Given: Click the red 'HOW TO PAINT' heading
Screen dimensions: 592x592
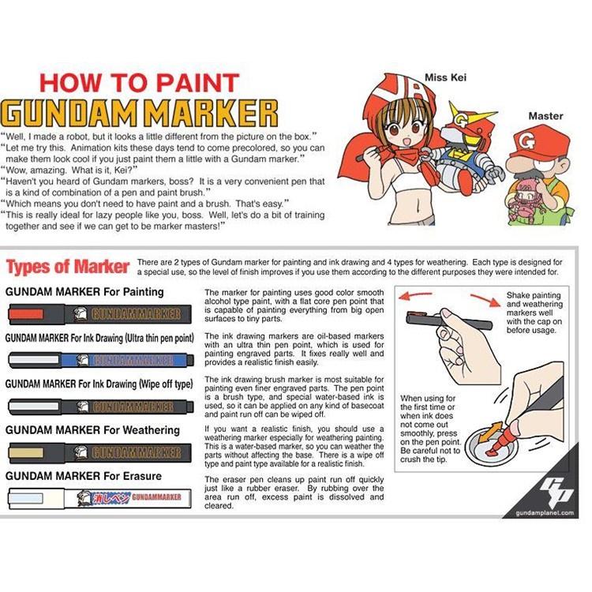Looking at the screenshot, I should [139, 82].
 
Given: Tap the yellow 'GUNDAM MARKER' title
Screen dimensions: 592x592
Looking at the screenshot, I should [140, 113].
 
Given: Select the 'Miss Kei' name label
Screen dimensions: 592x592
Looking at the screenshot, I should [446, 77].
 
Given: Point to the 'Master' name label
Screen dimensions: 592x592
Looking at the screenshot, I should [545, 116].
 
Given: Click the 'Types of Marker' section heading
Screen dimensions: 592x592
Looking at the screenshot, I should [68, 266].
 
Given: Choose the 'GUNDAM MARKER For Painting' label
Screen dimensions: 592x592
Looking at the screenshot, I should [85, 291].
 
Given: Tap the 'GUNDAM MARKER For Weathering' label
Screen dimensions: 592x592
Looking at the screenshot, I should [93, 430].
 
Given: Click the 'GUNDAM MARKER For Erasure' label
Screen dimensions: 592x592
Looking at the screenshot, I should [84, 476].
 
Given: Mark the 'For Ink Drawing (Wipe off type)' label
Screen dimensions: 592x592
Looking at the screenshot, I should [99, 384].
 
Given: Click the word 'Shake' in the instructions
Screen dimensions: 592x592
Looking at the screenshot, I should [520, 295].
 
